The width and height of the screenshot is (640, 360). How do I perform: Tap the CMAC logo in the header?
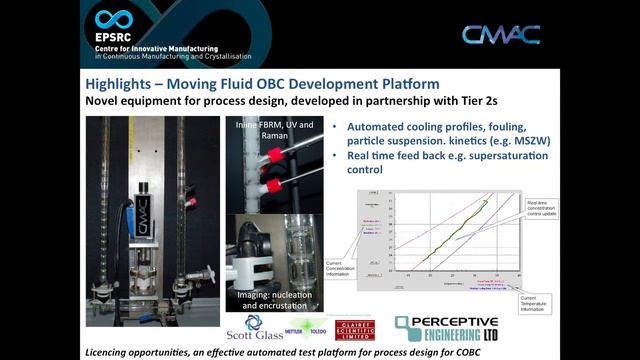pyautogui.click(x=501, y=35)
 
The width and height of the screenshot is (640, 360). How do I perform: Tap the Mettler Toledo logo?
pyautogui.click(x=313, y=327)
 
